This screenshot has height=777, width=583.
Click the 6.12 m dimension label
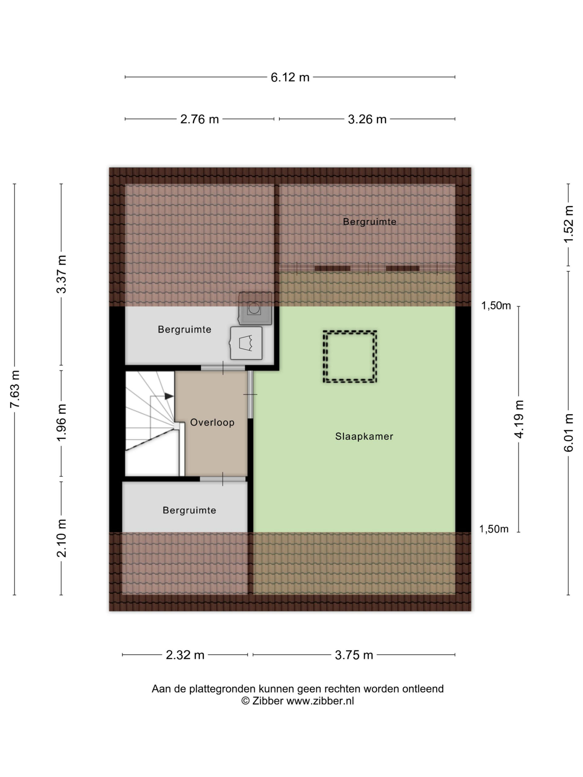pyautogui.click(x=290, y=77)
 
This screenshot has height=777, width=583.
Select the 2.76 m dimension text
pyautogui.click(x=199, y=119)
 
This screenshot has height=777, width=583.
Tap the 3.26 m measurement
pyautogui.click(x=367, y=119)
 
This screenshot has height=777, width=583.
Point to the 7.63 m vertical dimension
pyautogui.click(x=15, y=389)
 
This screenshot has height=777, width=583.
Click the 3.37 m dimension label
pyautogui.click(x=62, y=274)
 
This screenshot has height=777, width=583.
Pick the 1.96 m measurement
pyautogui.click(x=62, y=422)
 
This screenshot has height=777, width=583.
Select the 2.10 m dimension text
pyautogui.click(x=62, y=538)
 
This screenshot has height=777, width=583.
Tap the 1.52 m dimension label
pyautogui.click(x=568, y=224)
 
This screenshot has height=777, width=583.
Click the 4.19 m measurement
pyautogui.click(x=519, y=419)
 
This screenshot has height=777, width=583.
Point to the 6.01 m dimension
pyautogui.click(x=568, y=433)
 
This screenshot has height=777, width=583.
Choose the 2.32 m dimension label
pyautogui.click(x=185, y=655)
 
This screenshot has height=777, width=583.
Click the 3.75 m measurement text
pyautogui.click(x=354, y=655)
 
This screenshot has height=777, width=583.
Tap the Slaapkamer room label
pyautogui.click(x=364, y=437)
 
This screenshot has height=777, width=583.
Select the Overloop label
pyautogui.click(x=212, y=422)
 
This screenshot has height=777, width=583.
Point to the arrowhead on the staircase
pyautogui.click(x=169, y=396)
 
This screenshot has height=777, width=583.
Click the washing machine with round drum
pyautogui.click(x=255, y=308)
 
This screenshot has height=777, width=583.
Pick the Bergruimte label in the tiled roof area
pyautogui.click(x=370, y=222)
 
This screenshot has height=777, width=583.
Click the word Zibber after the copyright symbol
pyautogui.click(x=268, y=701)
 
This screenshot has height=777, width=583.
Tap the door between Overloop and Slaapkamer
pyautogui.click(x=250, y=395)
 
